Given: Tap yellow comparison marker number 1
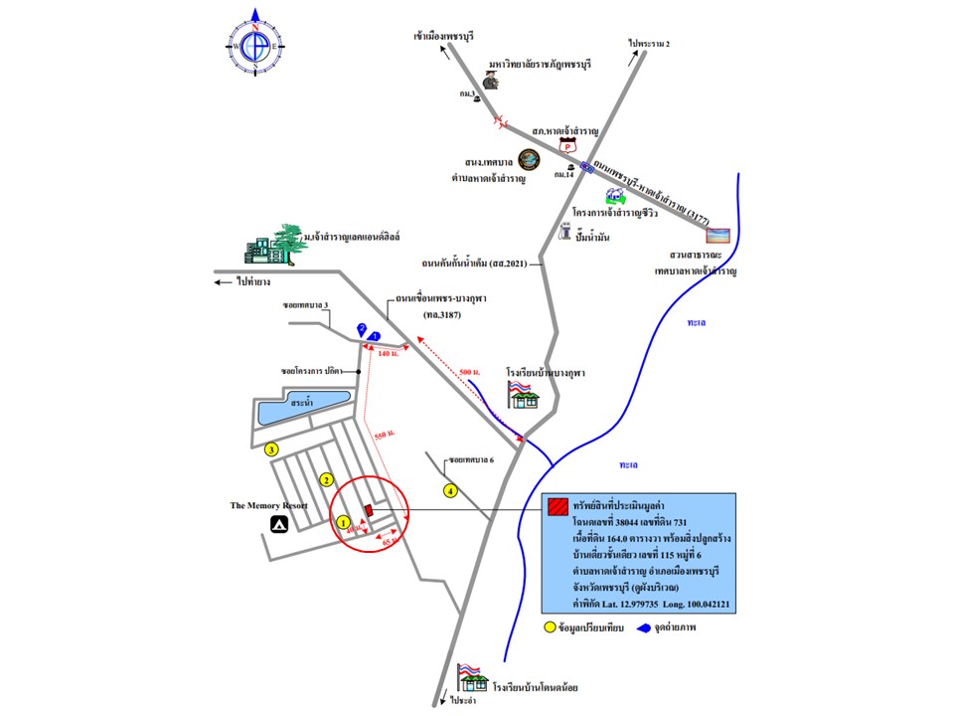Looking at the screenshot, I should click(343, 521).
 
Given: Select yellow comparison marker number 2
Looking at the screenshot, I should click(324, 480).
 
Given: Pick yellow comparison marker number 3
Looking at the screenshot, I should click(270, 448).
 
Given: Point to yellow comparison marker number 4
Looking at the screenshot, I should click(450, 489).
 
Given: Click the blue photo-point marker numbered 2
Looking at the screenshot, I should click(362, 328).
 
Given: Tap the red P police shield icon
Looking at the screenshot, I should click(568, 146).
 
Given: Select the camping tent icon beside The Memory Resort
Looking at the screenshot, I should click(279, 523).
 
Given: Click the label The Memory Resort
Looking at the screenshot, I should click(268, 505).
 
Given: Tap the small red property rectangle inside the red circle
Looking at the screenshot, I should click(368, 510).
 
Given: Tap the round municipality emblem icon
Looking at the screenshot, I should click(530, 159).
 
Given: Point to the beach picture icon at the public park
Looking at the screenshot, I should click(717, 236).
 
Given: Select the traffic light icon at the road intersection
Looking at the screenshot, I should click(587, 168).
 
